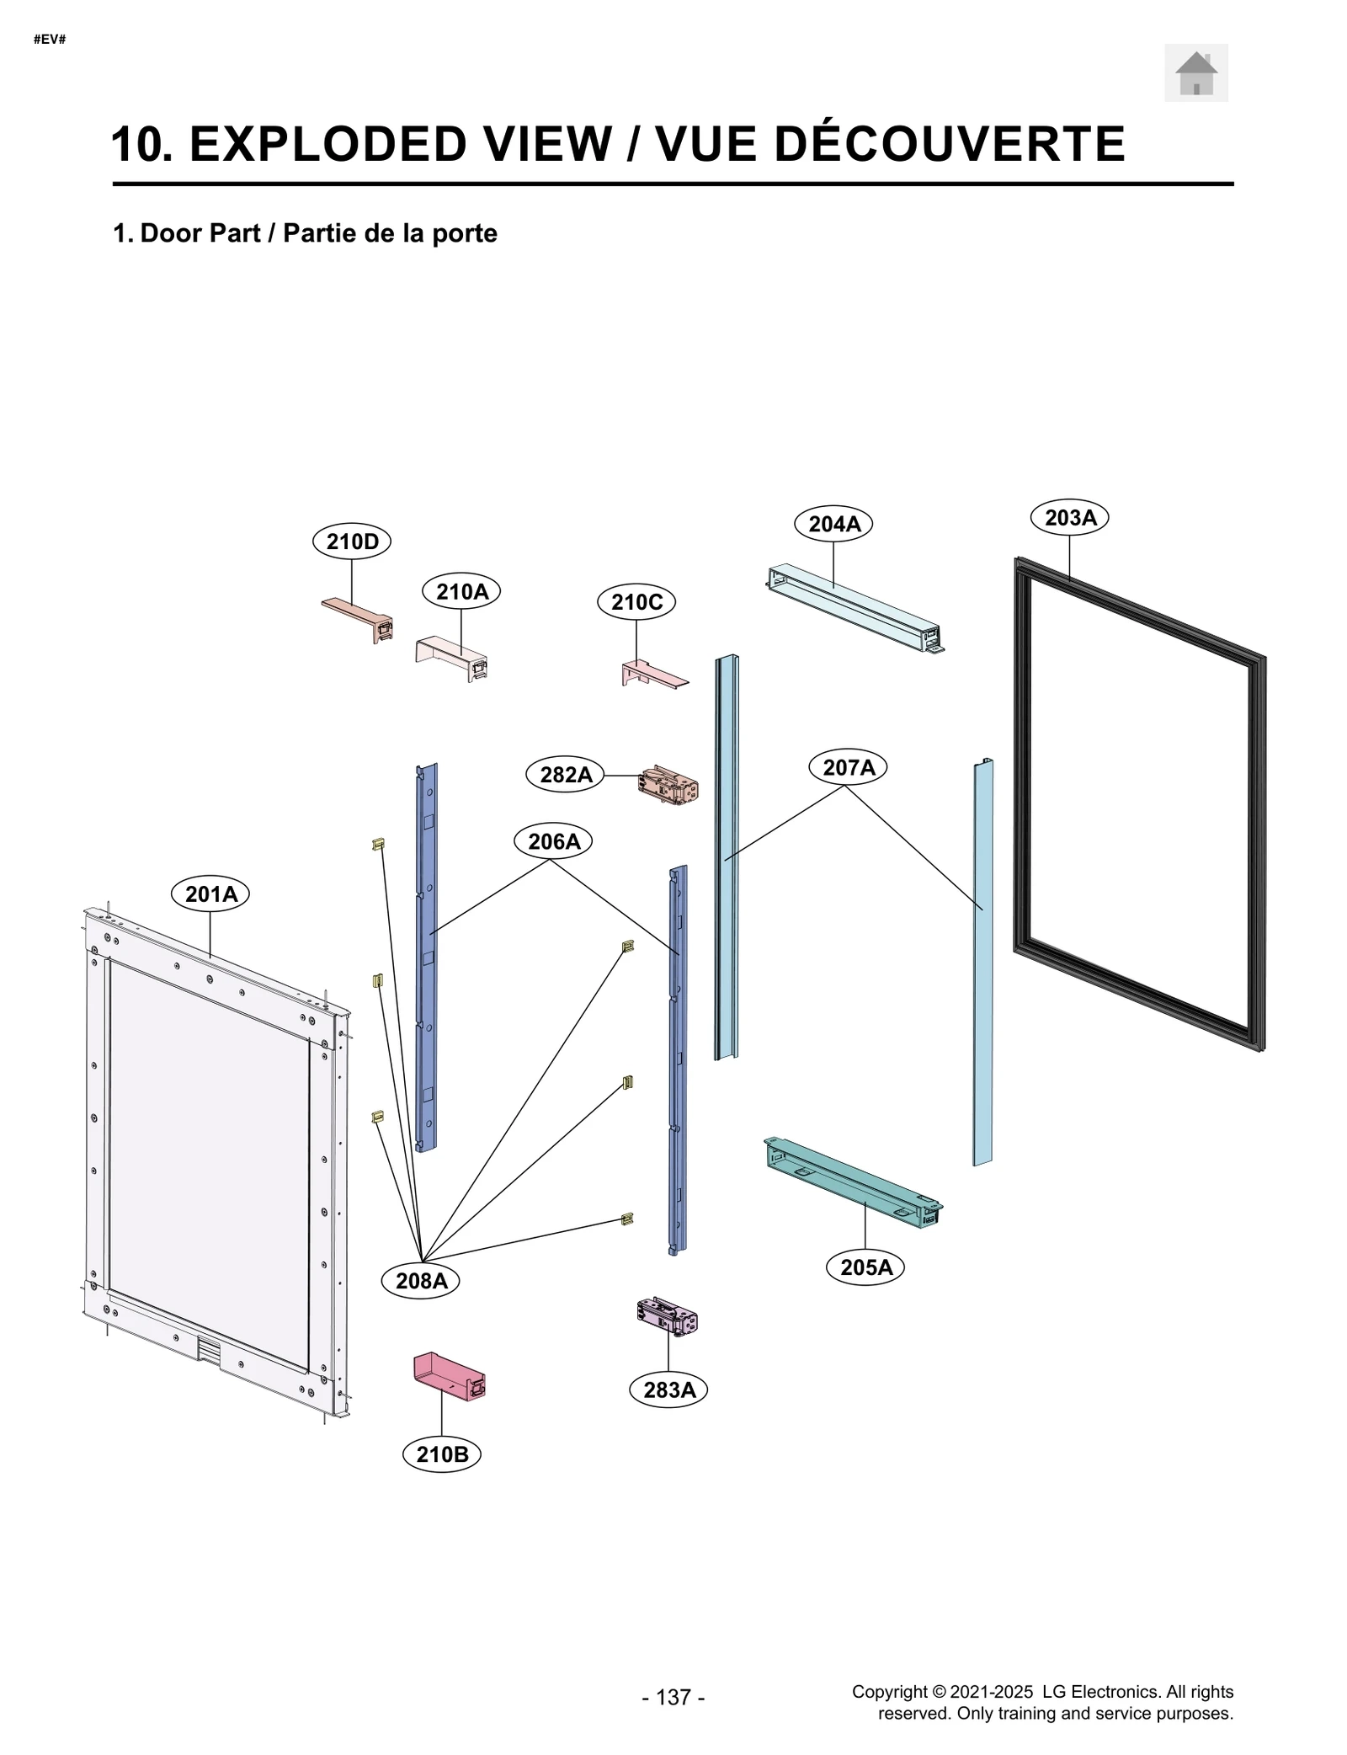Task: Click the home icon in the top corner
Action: click(1195, 73)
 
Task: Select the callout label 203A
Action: click(1069, 517)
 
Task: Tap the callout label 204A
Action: click(833, 524)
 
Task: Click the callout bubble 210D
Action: click(352, 541)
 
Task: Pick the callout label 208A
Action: click(421, 1281)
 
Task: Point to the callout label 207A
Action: click(848, 767)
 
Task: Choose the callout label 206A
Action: click(553, 841)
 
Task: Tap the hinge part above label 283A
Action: click(667, 1316)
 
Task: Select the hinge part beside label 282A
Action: click(668, 784)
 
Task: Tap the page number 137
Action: click(673, 1697)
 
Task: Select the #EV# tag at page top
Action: click(50, 40)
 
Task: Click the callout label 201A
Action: click(210, 894)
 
